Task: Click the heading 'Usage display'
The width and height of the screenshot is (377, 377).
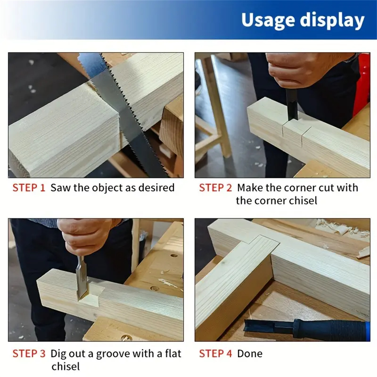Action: coord(303,20)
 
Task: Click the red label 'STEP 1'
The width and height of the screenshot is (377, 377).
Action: coord(29,188)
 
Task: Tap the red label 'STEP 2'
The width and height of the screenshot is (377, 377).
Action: coord(215,188)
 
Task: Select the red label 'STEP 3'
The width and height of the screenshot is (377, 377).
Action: coord(29,354)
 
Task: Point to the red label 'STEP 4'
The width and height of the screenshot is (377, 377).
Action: coord(215,354)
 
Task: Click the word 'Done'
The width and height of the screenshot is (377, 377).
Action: coord(250,354)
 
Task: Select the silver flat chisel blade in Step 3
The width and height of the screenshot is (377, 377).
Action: coord(81,276)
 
